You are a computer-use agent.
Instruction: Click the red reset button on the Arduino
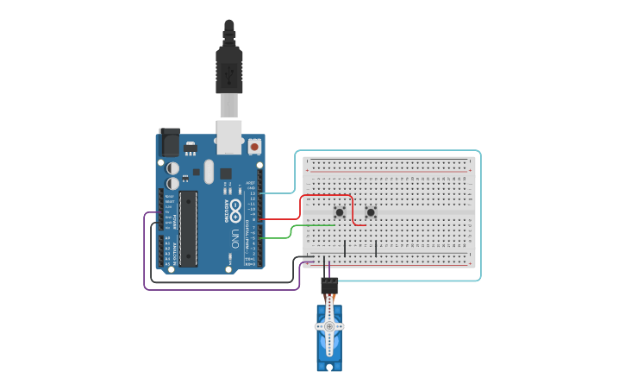(x=254, y=147)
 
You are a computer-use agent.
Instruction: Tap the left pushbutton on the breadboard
(x=341, y=212)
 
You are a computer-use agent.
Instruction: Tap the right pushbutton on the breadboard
(x=371, y=212)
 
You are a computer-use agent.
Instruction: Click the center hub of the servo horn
(x=328, y=326)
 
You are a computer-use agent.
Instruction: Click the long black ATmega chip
(x=188, y=228)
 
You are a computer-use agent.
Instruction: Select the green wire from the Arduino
(x=293, y=231)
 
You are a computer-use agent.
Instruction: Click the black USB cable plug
(x=228, y=69)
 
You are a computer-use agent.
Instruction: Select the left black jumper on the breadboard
(x=345, y=248)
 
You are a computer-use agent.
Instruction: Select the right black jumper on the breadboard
(x=376, y=248)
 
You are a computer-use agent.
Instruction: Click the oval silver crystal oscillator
(x=209, y=171)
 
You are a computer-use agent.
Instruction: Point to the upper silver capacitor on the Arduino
(x=173, y=167)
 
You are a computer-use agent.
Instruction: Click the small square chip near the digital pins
(x=226, y=173)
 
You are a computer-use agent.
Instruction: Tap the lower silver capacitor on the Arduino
(x=173, y=183)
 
